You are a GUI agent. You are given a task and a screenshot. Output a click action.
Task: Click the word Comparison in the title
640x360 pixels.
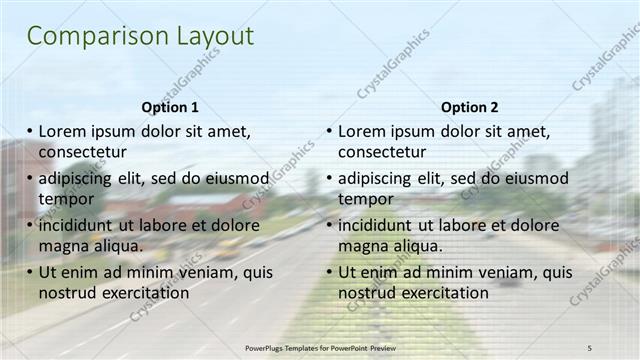83,37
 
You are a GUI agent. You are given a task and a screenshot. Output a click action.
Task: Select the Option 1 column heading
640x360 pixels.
170,107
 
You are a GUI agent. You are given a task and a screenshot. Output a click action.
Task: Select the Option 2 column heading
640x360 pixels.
469,107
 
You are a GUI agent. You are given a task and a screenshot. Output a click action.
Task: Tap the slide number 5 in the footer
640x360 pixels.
590,346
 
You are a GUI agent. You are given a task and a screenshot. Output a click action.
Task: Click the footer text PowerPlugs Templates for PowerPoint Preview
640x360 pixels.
319,346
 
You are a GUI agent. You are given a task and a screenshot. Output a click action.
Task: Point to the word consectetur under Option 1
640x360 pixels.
82,152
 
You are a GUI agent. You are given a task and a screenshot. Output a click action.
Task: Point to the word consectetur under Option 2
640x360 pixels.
382,152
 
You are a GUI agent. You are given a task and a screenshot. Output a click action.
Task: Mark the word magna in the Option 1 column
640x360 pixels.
62,246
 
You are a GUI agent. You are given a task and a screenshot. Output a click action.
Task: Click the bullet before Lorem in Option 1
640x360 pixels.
30,131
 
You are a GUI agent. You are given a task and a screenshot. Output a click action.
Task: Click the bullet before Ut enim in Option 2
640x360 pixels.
330,272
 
